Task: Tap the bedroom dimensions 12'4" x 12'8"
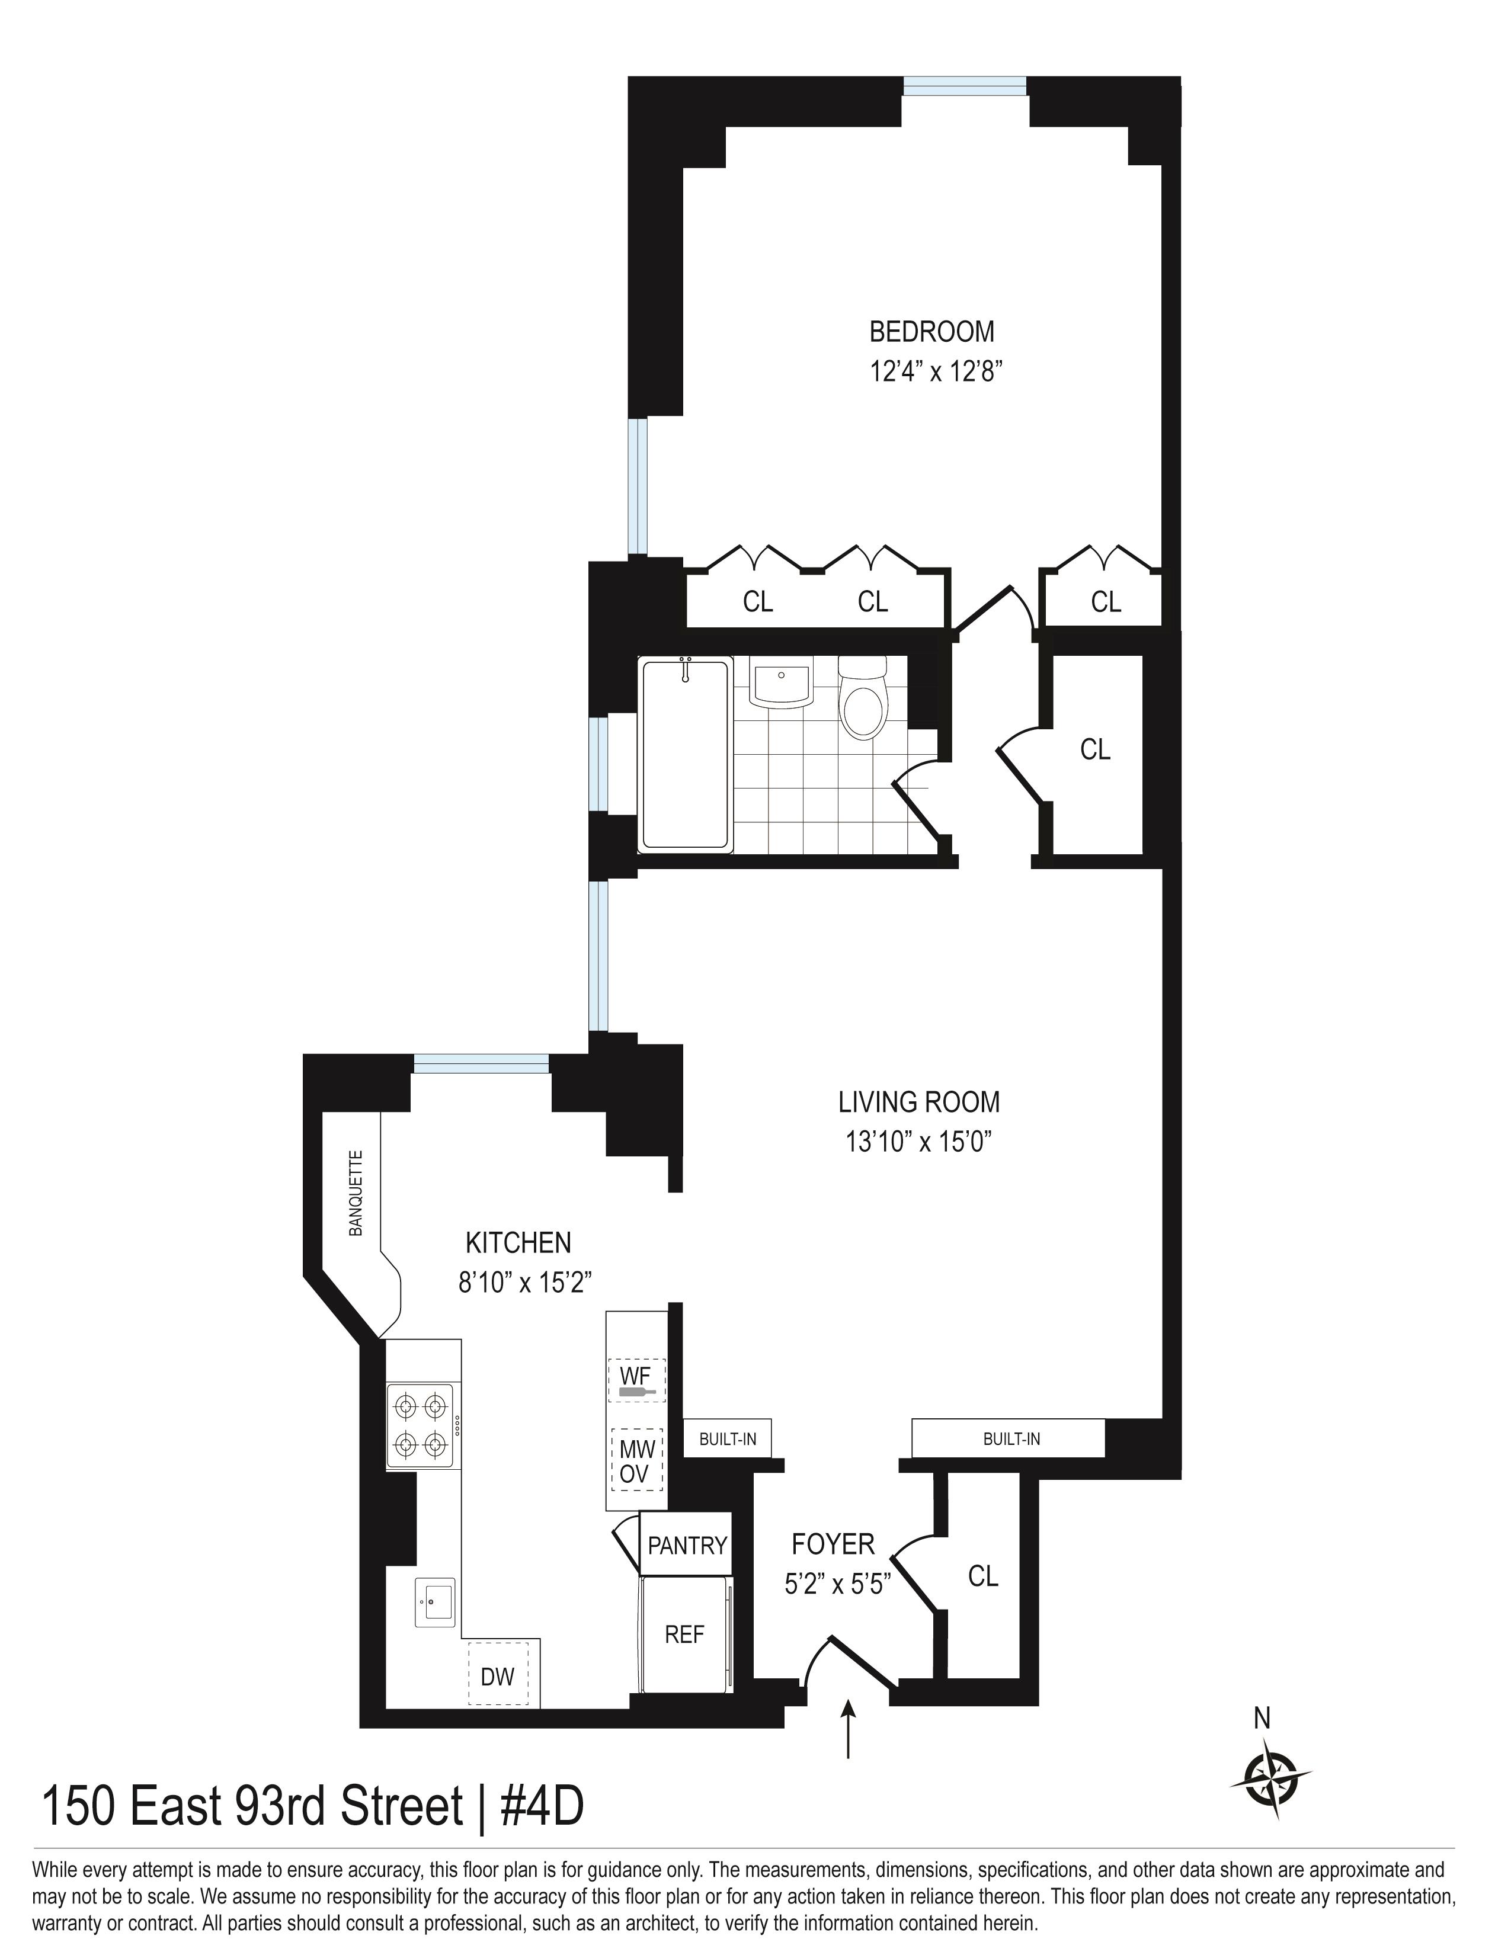coord(934,371)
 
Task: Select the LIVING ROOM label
coord(918,1101)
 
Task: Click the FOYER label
coord(833,1544)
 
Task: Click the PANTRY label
coord(687,1545)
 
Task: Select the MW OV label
coord(636,1462)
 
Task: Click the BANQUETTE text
coord(356,1193)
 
